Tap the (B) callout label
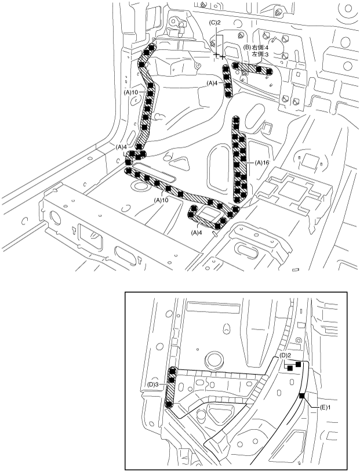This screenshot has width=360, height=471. pyautogui.click(x=246, y=47)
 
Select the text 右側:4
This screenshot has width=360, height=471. pyautogui.click(x=260, y=47)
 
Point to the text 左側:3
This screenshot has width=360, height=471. pyautogui.click(x=260, y=54)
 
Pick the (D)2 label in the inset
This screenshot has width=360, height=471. pyautogui.click(x=285, y=355)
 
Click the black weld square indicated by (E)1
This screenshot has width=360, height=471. pyautogui.click(x=302, y=396)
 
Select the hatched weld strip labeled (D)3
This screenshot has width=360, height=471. pyautogui.click(x=170, y=387)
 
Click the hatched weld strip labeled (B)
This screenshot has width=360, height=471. pyautogui.click(x=253, y=68)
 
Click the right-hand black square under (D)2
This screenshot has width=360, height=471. pyautogui.click(x=298, y=364)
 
